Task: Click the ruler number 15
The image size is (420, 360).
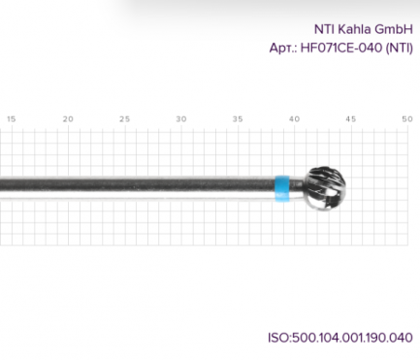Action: pos(11,119)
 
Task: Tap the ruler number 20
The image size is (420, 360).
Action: pos(68,119)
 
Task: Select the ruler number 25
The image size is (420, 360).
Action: pos(124,119)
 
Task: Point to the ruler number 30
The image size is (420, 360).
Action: pos(181,119)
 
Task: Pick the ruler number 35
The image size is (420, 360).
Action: pos(238,119)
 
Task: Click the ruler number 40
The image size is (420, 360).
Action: pos(294,119)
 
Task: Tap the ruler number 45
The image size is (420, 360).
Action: pos(351,119)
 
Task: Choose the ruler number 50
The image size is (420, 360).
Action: pos(407,119)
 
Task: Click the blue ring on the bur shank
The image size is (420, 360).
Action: pos(282,188)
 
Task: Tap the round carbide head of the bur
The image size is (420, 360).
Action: pos(325,188)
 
